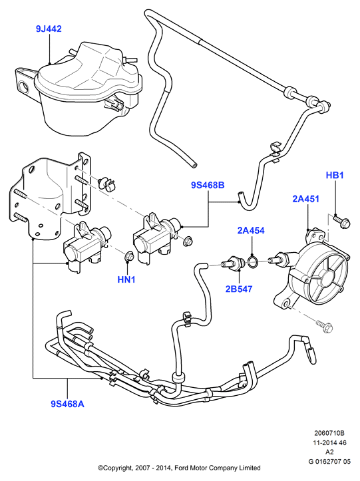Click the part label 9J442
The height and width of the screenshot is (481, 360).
49,29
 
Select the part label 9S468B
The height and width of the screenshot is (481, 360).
208,186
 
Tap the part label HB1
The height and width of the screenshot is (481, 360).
335,176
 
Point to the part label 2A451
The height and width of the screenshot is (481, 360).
305,199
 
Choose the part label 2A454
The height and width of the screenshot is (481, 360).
251,230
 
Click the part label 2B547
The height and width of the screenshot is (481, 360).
239,289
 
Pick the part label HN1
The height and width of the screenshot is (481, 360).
126,279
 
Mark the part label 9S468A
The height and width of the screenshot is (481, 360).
67,404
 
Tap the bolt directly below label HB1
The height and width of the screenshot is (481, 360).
341,222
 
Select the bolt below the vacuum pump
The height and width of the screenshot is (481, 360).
325,327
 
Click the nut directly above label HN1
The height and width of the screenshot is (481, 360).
129,256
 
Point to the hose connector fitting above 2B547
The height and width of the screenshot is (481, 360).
232,263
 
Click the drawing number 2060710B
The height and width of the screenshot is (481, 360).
329,434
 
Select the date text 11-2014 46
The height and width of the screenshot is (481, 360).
329,442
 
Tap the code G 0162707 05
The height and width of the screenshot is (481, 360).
329,461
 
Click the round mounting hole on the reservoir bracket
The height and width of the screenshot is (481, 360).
24,86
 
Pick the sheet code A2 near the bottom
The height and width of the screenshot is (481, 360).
329,452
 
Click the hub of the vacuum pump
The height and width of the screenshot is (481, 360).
326,275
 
